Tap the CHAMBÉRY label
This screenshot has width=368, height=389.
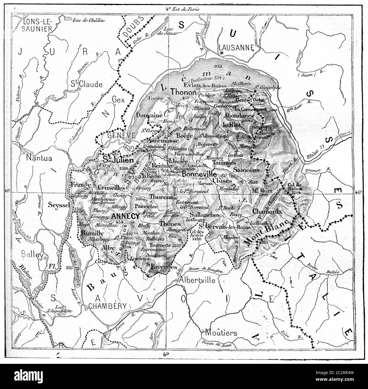click(107, 306)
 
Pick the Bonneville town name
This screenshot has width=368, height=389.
click(199, 173)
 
